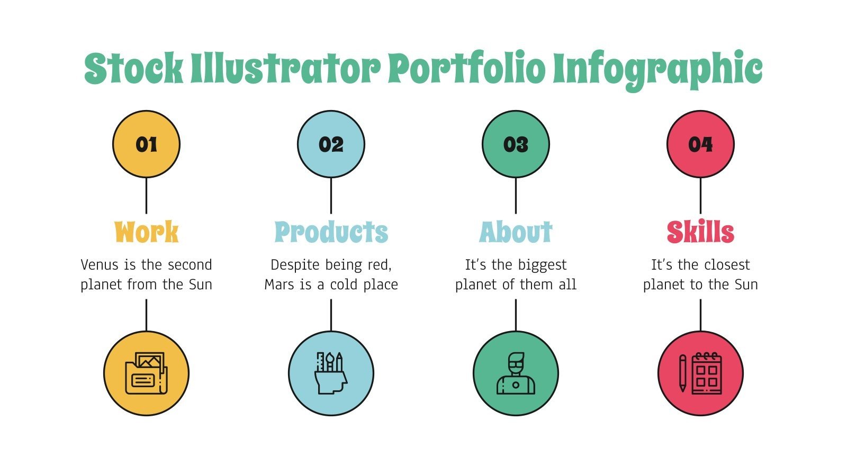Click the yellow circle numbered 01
point(146,144)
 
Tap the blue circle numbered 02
point(331,144)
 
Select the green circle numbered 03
point(516,144)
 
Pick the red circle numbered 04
point(700,144)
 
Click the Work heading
point(146,232)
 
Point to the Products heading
point(331,232)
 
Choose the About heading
point(516,232)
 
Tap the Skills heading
point(700,232)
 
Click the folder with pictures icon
point(146,373)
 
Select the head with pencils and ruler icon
point(331,373)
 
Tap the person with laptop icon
point(516,373)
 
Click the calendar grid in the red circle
point(707,373)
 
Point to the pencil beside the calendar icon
point(683,373)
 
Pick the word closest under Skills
point(726,265)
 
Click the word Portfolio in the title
point(466,69)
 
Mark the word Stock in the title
point(134,69)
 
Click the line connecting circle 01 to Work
point(146,196)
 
